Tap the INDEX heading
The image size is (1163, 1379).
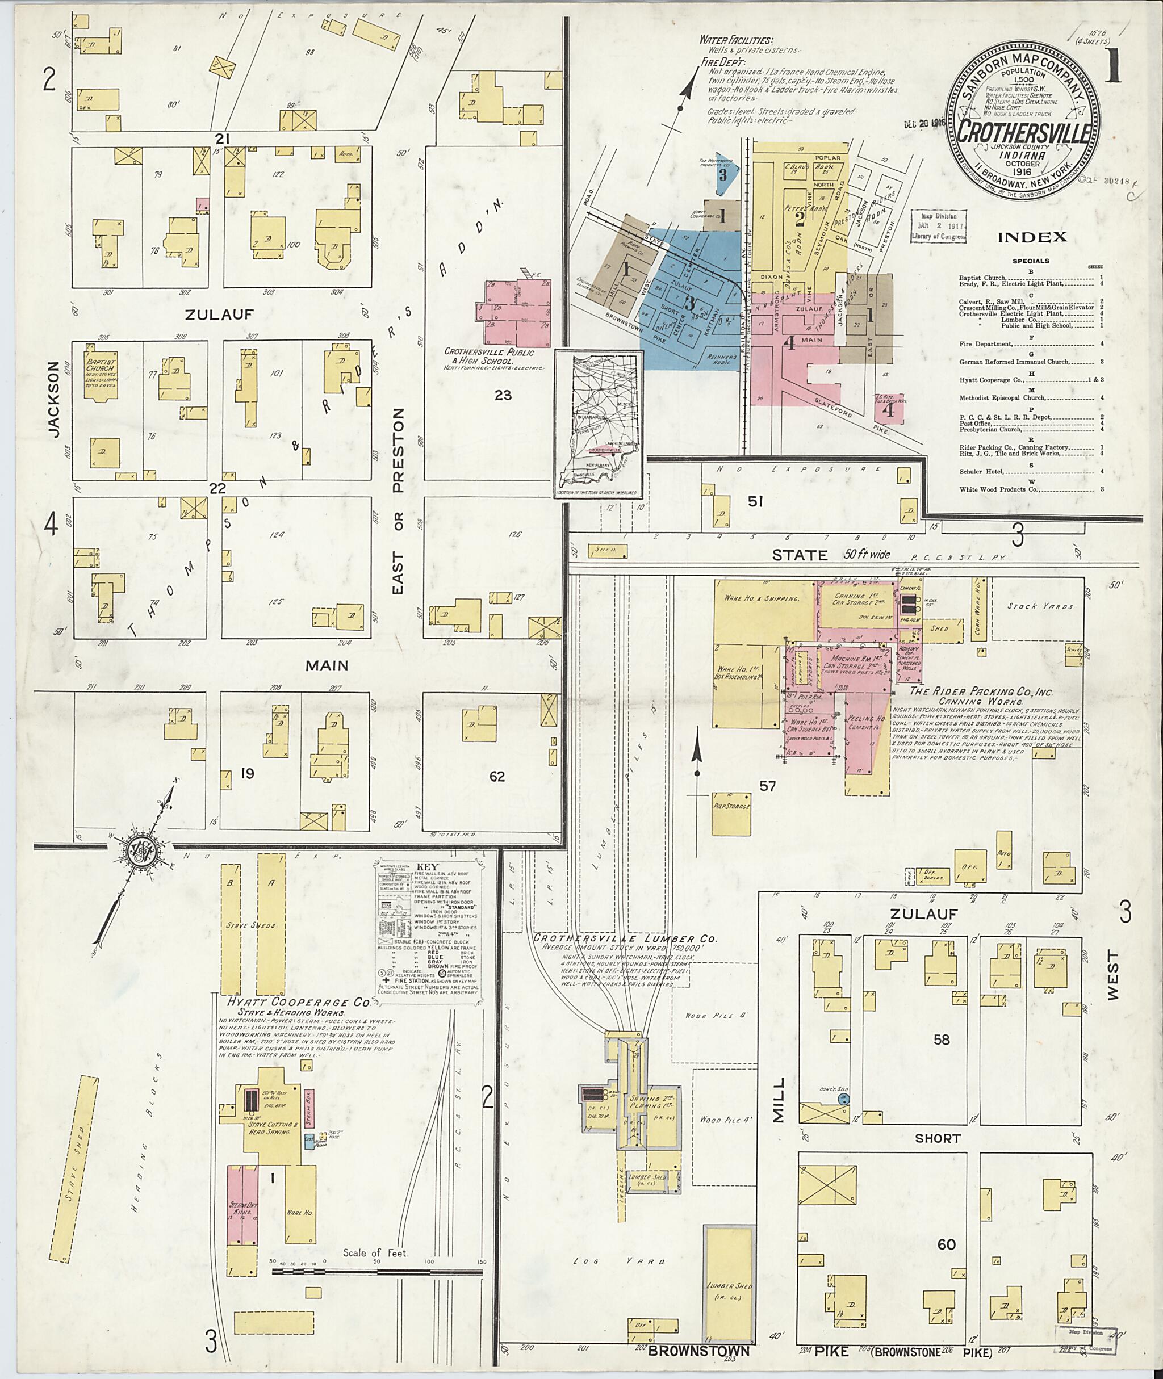(1032, 237)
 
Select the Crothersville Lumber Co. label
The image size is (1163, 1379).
(626, 938)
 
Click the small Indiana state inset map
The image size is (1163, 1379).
(599, 425)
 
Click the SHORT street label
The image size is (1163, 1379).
(937, 1138)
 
